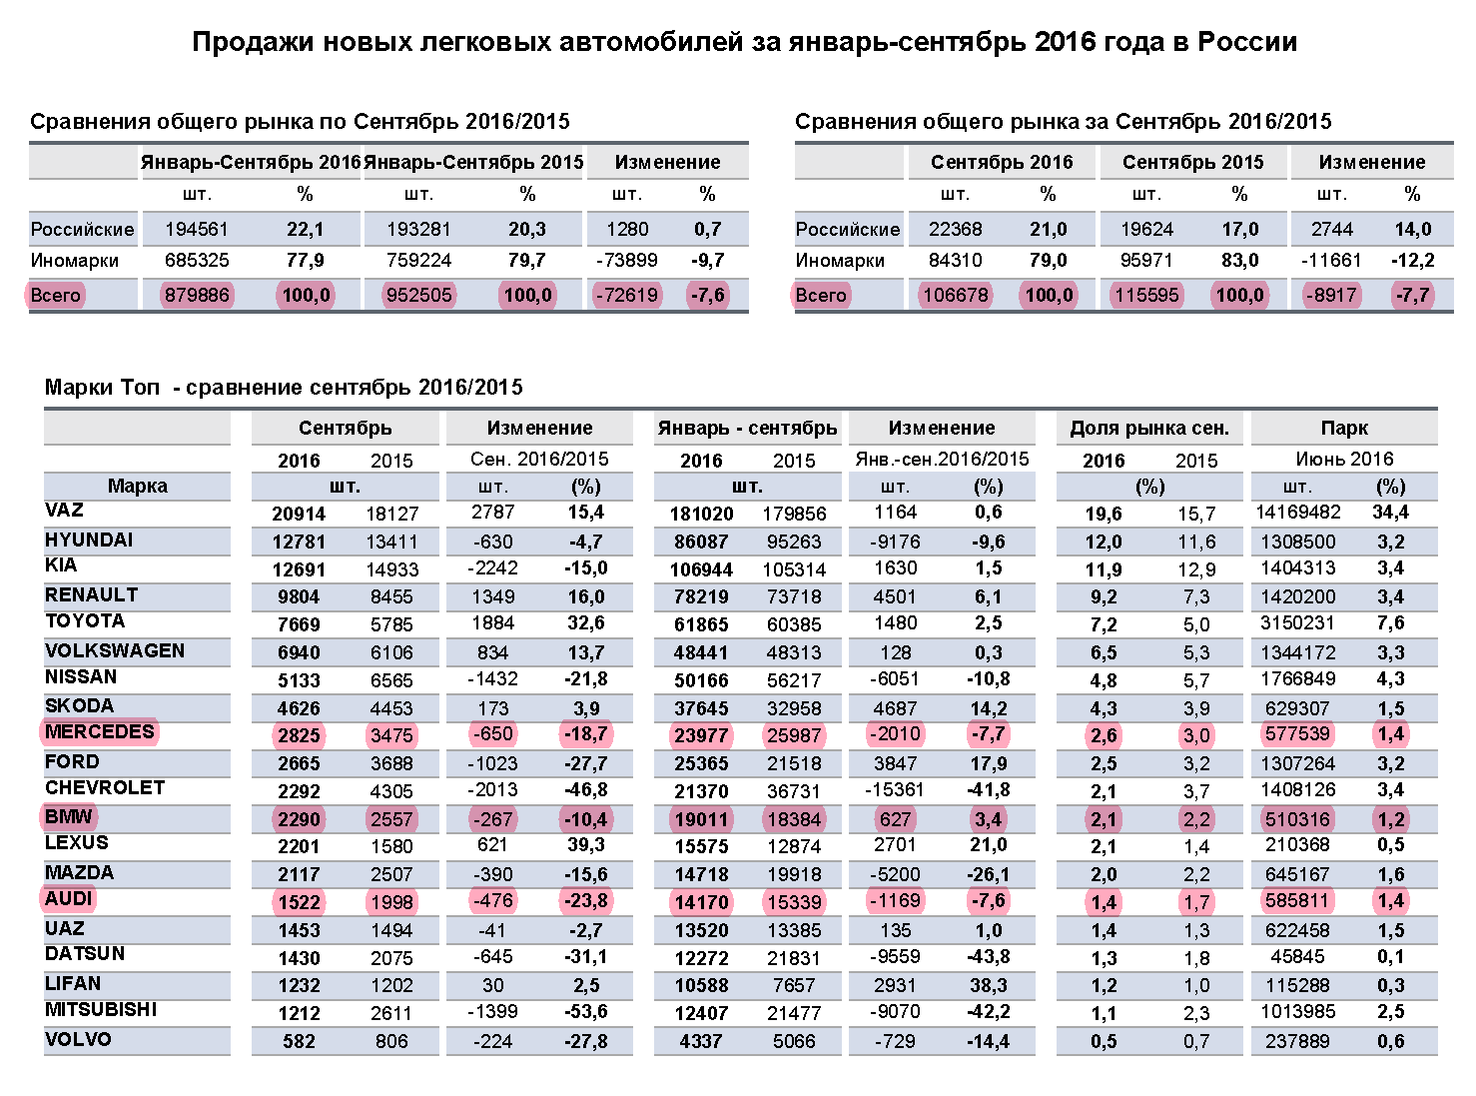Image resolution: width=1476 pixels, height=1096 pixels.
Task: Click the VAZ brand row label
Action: pyautogui.click(x=64, y=511)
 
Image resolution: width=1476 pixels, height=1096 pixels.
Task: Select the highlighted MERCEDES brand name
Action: pyautogui.click(x=99, y=731)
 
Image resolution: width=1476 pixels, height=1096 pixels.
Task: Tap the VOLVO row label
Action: pyautogui.click(x=78, y=1039)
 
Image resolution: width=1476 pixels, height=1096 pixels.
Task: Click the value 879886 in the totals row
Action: pyautogui.click(x=197, y=295)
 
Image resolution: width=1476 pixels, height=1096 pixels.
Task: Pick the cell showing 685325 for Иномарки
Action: pyautogui.click(x=197, y=261)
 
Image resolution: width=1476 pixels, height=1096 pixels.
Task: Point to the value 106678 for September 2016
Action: pyautogui.click(x=955, y=295)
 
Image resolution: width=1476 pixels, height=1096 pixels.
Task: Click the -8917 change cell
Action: pyautogui.click(x=1331, y=295)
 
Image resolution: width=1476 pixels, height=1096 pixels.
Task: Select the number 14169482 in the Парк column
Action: pyautogui.click(x=1297, y=513)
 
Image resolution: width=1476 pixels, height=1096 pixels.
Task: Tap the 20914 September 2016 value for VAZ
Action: pyautogui.click(x=299, y=515)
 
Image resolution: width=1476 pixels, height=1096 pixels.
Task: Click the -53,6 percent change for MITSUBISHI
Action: pyautogui.click(x=585, y=1011)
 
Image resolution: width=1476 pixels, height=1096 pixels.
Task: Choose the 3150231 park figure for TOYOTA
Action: pyautogui.click(x=1297, y=623)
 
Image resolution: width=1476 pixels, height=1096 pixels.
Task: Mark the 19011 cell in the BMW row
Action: pyautogui.click(x=701, y=819)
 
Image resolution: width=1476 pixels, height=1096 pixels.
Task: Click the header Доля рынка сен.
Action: pyautogui.click(x=1149, y=429)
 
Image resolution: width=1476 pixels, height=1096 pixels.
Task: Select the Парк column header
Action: pyautogui.click(x=1344, y=429)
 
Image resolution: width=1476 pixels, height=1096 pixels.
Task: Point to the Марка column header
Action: pyautogui.click(x=137, y=487)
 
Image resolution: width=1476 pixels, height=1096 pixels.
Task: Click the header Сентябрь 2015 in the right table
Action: pyautogui.click(x=1192, y=162)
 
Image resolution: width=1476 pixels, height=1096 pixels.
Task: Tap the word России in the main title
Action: pyautogui.click(x=1247, y=42)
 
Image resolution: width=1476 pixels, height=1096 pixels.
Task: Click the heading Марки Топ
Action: pyautogui.click(x=102, y=388)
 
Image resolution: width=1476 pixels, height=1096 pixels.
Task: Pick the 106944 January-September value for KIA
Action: pyautogui.click(x=701, y=569)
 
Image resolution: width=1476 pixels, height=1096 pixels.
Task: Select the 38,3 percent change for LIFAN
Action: pyautogui.click(x=989, y=985)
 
